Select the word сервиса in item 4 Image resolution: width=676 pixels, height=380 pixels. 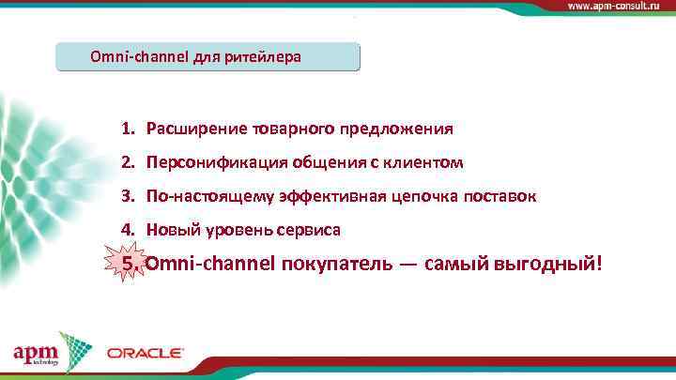tap(310, 230)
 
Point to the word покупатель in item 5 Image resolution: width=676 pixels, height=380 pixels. tap(334, 264)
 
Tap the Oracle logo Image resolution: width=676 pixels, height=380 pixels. tap(145, 353)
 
